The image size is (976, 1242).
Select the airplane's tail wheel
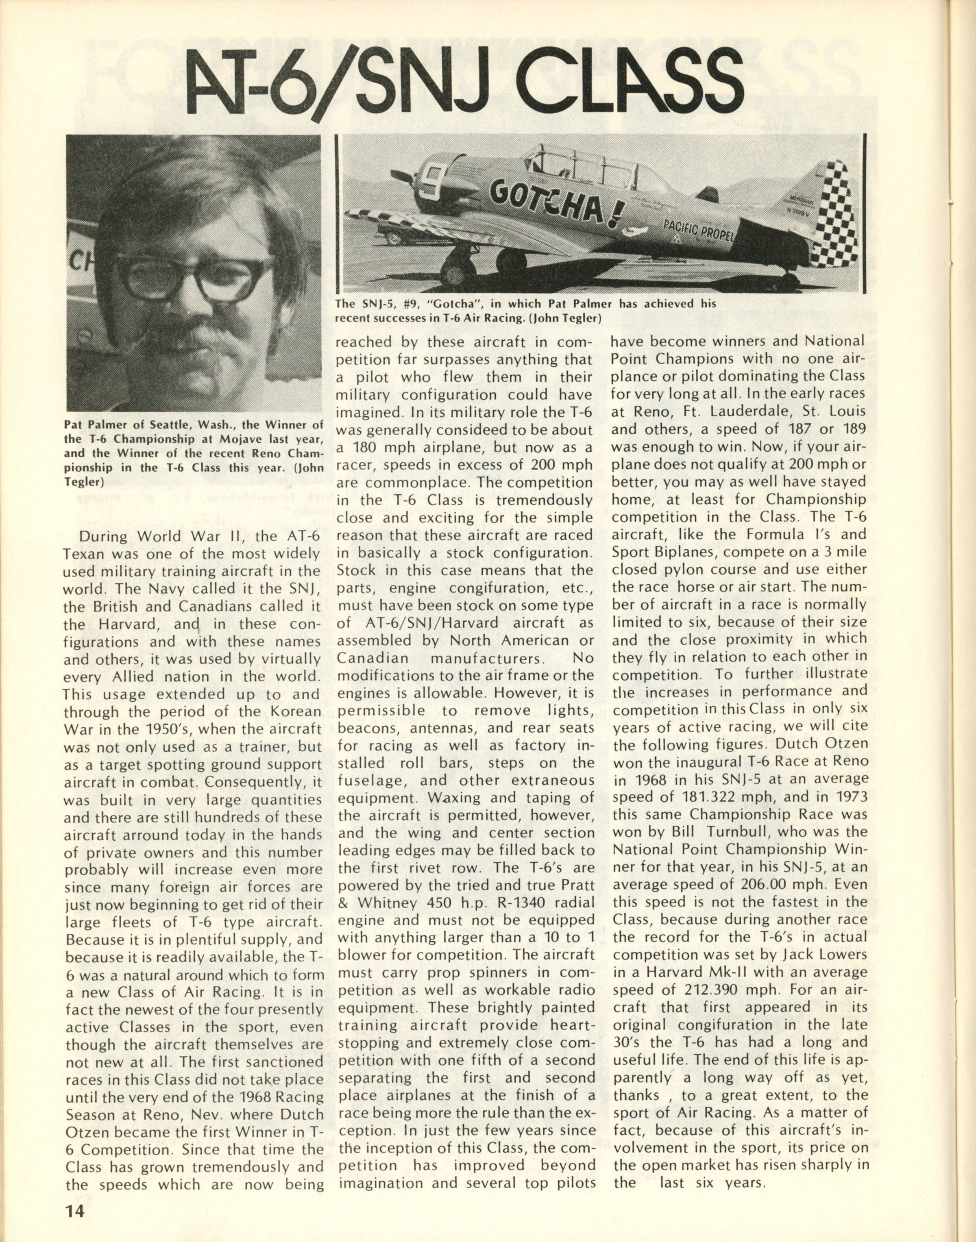(x=790, y=280)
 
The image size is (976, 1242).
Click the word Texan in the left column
(x=84, y=554)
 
